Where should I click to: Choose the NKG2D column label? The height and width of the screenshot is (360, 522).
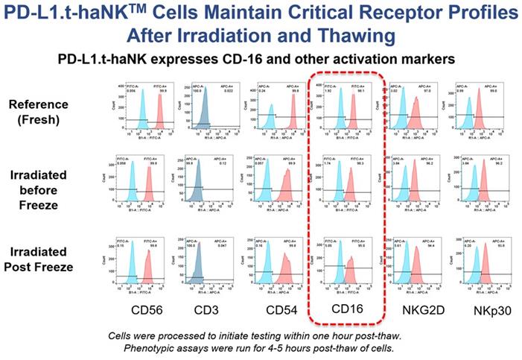click(414, 307)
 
